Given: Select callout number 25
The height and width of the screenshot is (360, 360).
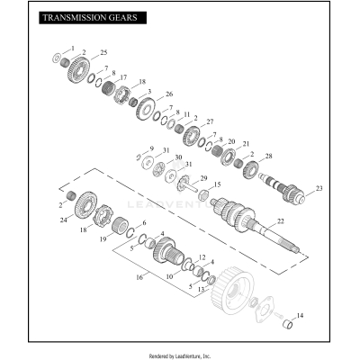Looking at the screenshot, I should click(103, 54).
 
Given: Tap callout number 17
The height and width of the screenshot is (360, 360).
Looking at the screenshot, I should click(123, 77).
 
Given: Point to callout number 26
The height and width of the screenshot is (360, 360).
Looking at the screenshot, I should click(169, 94).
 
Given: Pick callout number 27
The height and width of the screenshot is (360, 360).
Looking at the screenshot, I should click(210, 121).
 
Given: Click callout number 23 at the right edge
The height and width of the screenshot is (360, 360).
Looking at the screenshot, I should click(318, 190).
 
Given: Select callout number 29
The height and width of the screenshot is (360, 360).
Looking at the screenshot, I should click(203, 178).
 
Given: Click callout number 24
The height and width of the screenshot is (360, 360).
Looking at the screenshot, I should click(64, 220).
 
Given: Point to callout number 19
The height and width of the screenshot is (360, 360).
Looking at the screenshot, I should click(103, 240).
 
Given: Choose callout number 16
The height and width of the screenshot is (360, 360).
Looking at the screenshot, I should click(138, 279).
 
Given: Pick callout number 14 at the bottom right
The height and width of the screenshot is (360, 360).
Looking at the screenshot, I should click(300, 315).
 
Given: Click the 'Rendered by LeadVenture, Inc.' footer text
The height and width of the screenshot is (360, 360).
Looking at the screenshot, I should click(180, 355).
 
